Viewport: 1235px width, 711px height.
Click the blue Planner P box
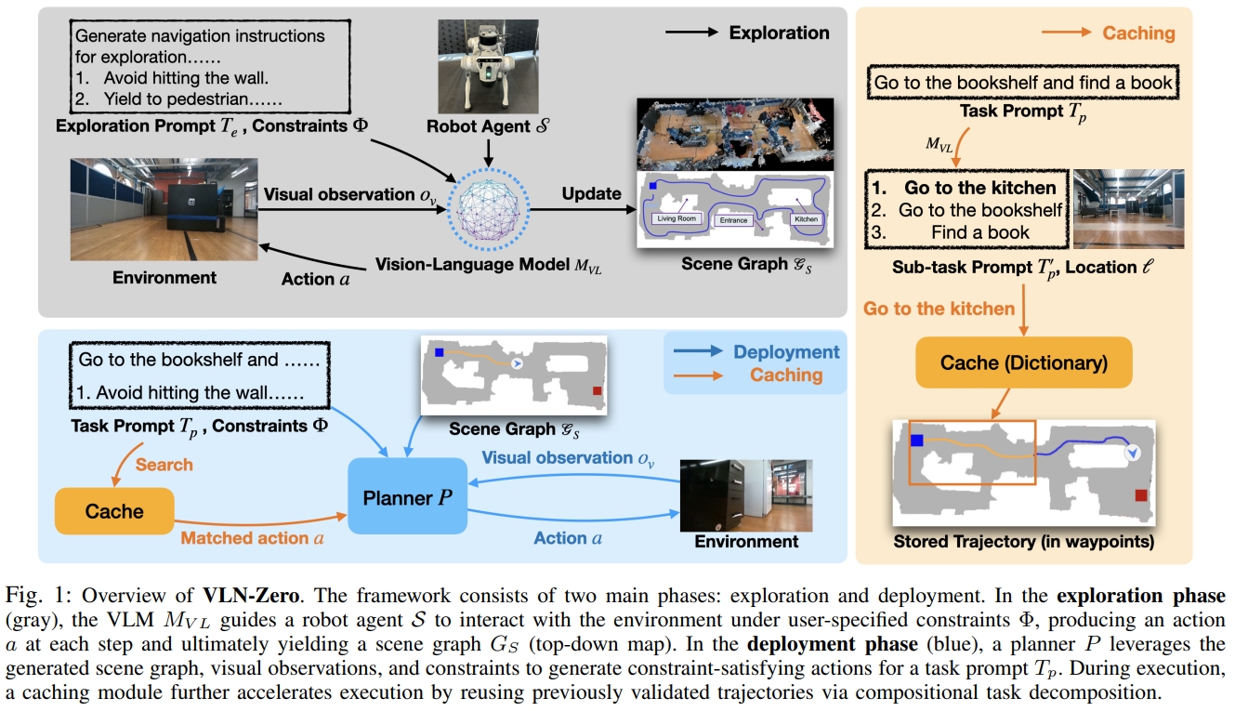pos(407,495)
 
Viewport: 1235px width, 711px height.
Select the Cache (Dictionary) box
pos(1023,362)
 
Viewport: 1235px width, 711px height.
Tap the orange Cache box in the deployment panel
pos(114,510)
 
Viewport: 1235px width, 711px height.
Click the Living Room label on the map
pos(676,218)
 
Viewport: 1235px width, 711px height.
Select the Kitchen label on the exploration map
pos(806,219)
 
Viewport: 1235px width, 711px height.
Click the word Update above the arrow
pos(591,193)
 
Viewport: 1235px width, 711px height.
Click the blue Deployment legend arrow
pos(696,352)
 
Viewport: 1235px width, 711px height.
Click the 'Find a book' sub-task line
pos(980,232)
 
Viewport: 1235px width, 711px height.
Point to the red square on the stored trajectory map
pos(1141,495)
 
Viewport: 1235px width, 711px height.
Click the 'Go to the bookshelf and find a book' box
pos(1023,83)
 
